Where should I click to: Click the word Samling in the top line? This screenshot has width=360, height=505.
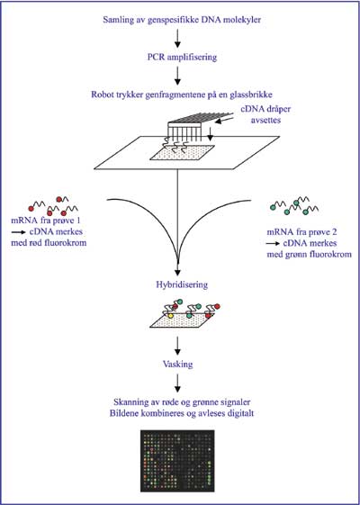(x=118, y=20)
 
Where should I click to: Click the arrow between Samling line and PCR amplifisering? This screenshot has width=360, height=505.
(x=177, y=39)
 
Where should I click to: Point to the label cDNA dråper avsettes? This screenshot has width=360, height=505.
(x=266, y=114)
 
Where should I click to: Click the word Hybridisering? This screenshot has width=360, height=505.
(x=182, y=285)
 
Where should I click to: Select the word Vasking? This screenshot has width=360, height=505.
(x=177, y=365)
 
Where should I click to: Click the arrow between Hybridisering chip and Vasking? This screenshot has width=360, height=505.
(x=177, y=346)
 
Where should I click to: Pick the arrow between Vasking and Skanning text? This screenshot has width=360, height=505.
(x=177, y=383)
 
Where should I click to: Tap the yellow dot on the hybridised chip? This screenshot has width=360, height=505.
(x=171, y=316)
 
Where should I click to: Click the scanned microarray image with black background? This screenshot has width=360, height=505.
(x=177, y=461)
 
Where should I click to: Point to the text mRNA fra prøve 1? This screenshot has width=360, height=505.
(x=45, y=221)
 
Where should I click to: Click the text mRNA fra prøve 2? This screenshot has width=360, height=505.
(x=301, y=232)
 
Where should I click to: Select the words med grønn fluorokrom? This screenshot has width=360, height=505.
(x=309, y=254)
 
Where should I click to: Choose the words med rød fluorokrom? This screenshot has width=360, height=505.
(x=49, y=242)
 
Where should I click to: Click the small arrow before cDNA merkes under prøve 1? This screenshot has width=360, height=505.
(x=19, y=232)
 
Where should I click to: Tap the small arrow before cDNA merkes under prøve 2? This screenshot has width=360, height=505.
(x=274, y=243)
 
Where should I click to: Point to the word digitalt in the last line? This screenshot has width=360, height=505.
(x=238, y=413)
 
